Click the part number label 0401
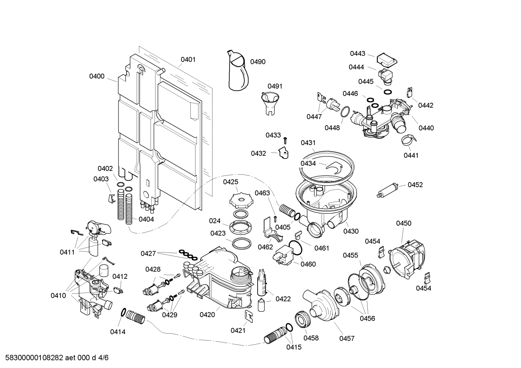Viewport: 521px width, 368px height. pyautogui.click(x=188, y=60)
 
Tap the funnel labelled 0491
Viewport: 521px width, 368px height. pyautogui.click(x=270, y=102)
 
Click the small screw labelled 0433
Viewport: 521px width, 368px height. pyautogui.click(x=285, y=139)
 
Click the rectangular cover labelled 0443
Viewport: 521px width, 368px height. pyautogui.click(x=386, y=60)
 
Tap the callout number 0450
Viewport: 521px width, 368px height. pyautogui.click(x=404, y=223)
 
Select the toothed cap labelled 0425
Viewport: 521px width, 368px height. pyautogui.click(x=238, y=199)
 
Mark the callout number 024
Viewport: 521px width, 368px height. pyautogui.click(x=215, y=221)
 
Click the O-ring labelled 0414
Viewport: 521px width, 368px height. pyautogui.click(x=123, y=313)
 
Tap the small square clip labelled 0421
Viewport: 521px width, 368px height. pyautogui.click(x=249, y=316)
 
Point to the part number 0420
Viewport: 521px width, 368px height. pyautogui.click(x=207, y=315)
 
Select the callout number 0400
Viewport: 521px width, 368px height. pyautogui.click(x=97, y=76)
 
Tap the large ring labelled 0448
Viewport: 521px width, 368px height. pyautogui.click(x=345, y=112)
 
